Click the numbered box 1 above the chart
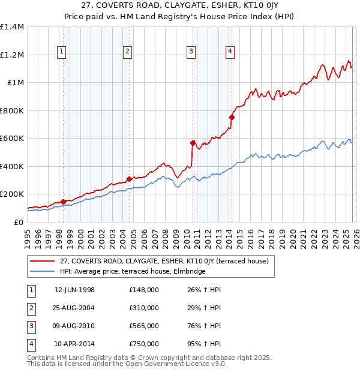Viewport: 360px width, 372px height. tap(63, 52)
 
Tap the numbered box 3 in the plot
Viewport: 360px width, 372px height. tap(191, 52)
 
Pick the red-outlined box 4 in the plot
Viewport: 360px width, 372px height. tap(230, 52)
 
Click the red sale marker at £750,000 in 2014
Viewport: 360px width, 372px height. tap(232, 118)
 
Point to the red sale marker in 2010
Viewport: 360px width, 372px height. tap(193, 143)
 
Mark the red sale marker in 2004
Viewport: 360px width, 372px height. tap(130, 179)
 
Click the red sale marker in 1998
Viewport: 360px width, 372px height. tap(64, 202)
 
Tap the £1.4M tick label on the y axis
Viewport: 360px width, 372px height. tap(12, 27)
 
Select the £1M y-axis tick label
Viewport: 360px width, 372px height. tap(15, 83)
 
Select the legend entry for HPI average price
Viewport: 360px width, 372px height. tap(133, 271)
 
